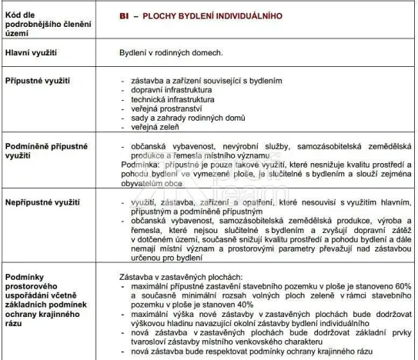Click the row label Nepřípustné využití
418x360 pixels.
point(42,202)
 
